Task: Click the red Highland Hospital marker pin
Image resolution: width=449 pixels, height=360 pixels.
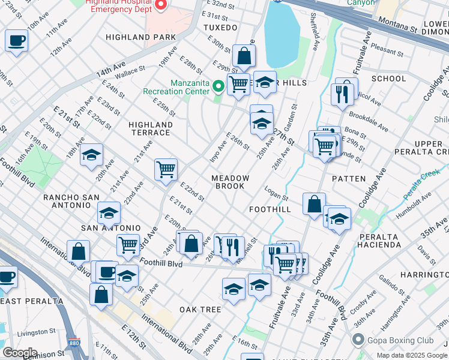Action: click(160, 5)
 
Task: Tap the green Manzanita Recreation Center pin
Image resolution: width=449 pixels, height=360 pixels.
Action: click(218, 87)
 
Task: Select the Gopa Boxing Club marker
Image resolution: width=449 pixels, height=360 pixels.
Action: click(358, 340)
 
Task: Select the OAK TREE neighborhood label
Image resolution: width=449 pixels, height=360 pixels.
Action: click(200, 310)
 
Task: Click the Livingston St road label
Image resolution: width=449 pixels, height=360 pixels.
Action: click(37, 331)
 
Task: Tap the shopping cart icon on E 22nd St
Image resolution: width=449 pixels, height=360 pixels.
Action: click(166, 169)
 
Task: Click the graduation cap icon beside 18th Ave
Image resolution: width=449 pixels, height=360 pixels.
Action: click(91, 154)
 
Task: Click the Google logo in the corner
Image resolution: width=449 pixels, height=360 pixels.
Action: click(19, 353)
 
